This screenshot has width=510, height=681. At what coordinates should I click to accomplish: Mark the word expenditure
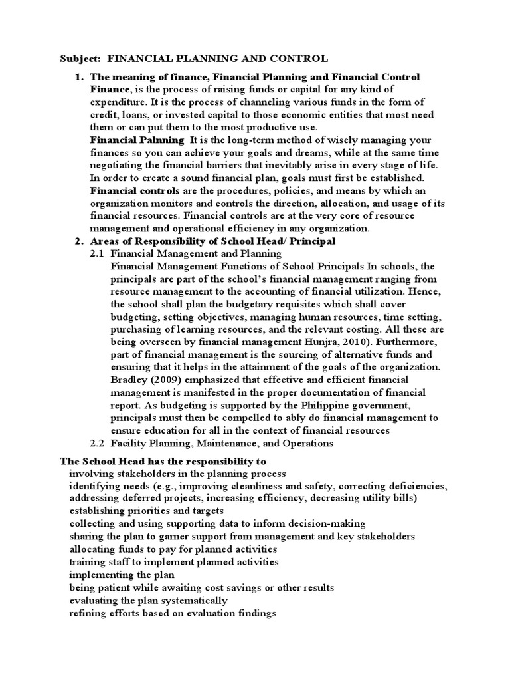(120, 102)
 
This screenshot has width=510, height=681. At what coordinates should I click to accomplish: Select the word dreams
(279, 152)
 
